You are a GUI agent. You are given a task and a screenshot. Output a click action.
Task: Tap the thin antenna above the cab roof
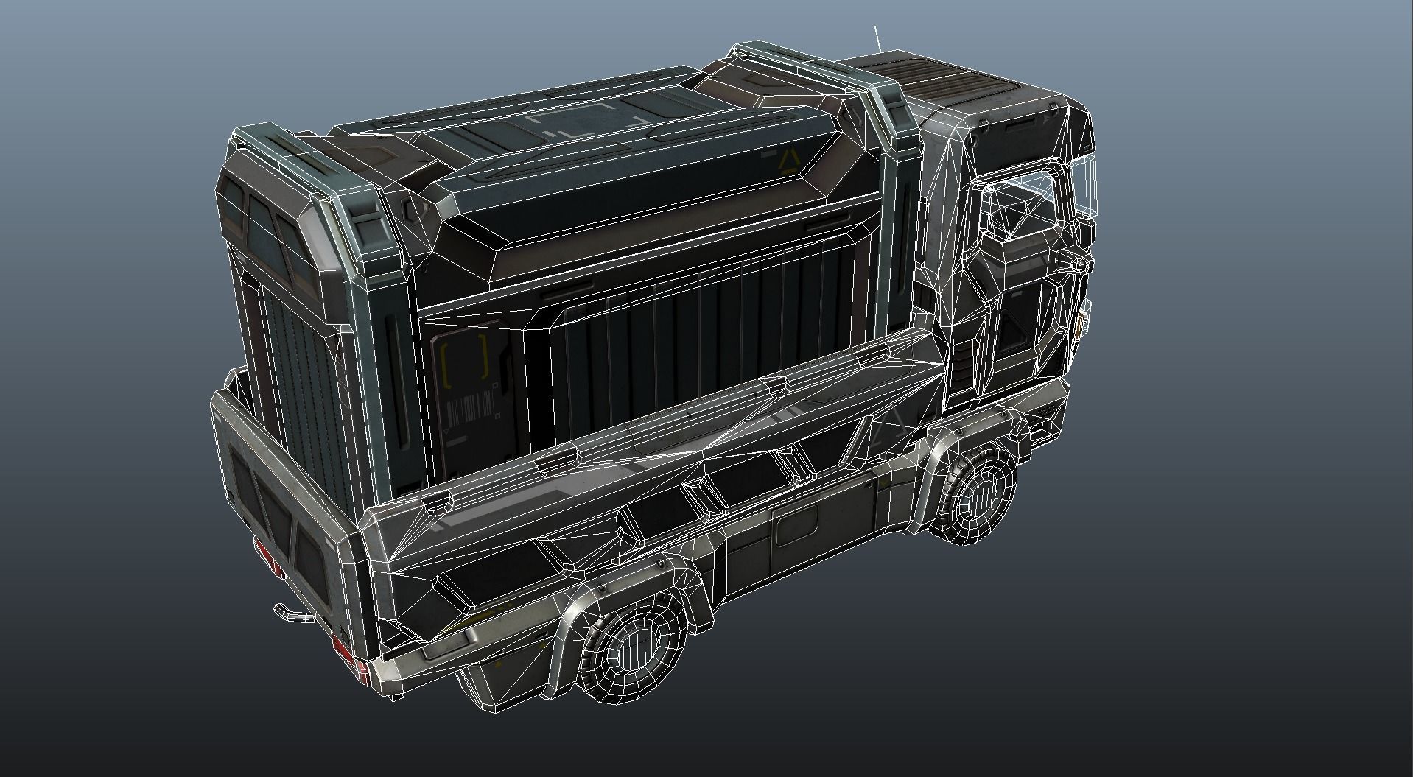click(877, 38)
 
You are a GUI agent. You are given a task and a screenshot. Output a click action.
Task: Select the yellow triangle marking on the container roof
click(788, 160)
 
